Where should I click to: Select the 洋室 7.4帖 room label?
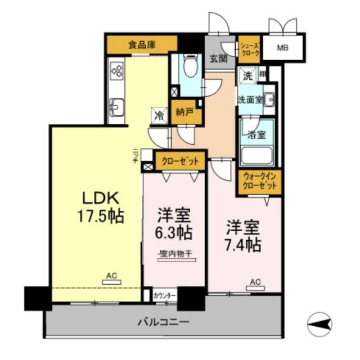(244, 236)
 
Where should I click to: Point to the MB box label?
(282, 47)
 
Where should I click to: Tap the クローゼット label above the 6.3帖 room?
(181, 161)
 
